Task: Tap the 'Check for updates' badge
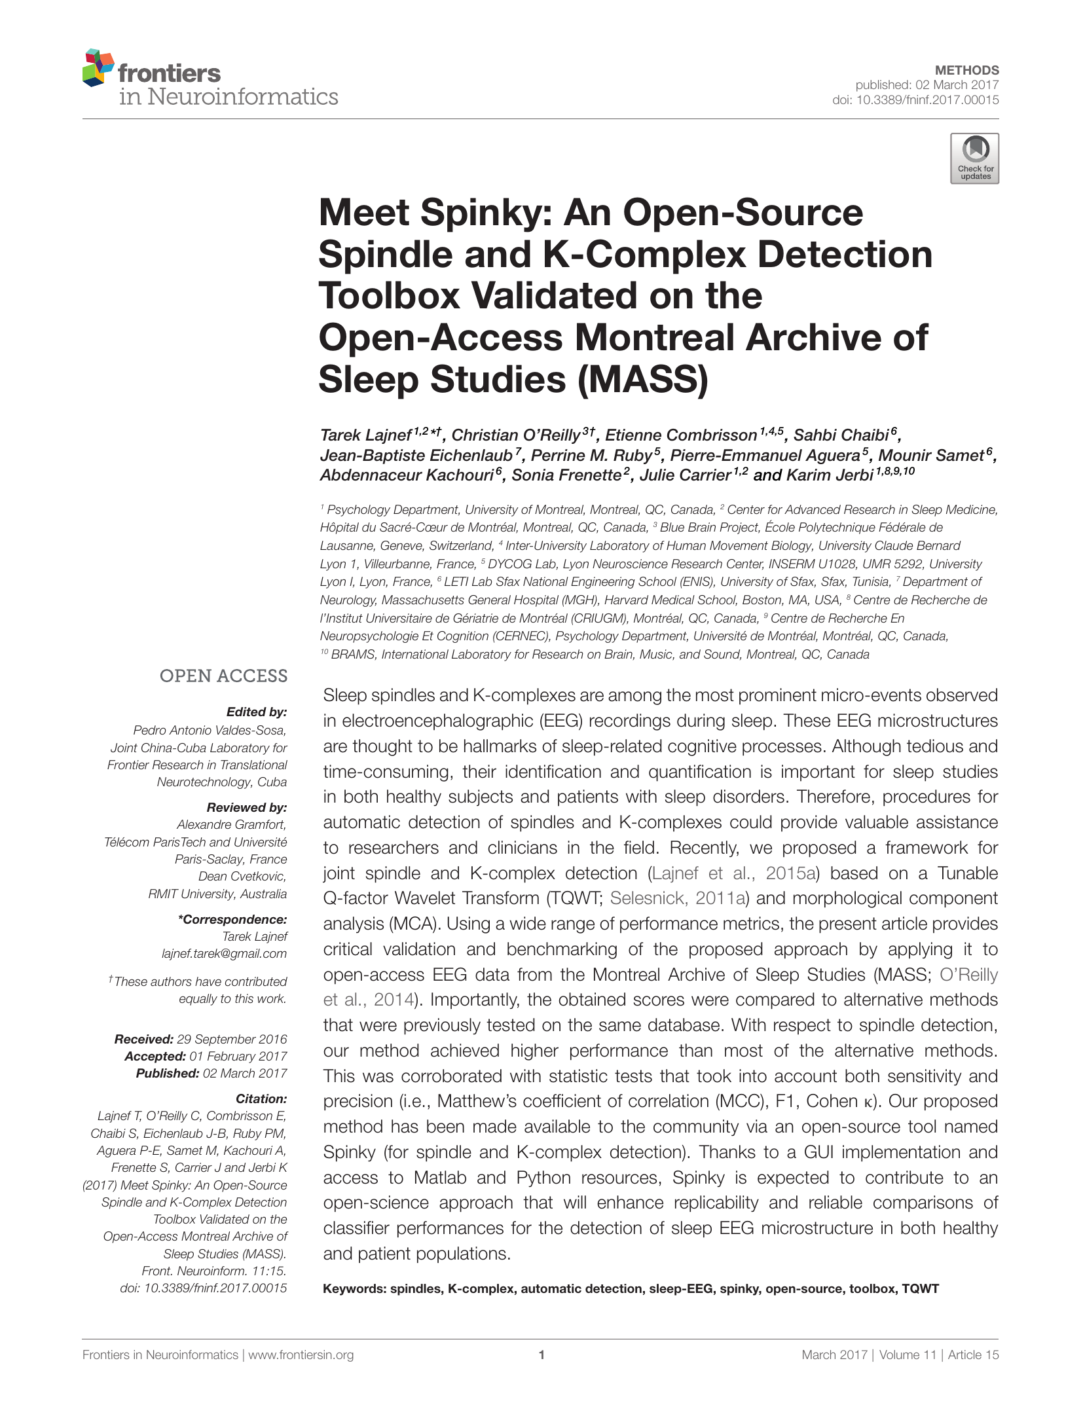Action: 974,158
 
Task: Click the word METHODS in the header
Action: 966,70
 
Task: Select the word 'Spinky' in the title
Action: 485,213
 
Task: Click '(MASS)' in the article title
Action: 643,380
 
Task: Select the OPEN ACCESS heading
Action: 223,676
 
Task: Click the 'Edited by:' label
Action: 257,712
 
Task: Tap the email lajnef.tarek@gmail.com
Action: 224,954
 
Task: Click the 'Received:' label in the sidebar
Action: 143,1040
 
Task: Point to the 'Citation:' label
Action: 261,1099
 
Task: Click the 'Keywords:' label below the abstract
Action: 354,1289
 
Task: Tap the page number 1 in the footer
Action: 541,1355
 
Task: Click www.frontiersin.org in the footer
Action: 301,1355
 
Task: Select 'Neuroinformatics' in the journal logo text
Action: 242,97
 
